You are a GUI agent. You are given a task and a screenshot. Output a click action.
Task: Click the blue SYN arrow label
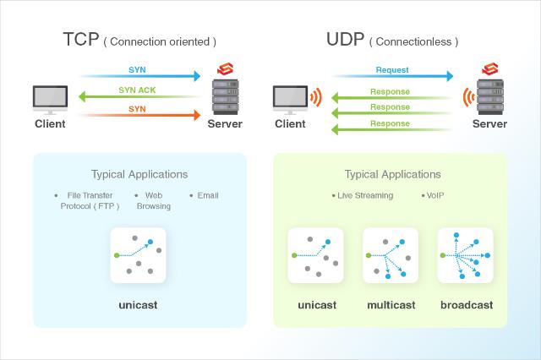coord(137,69)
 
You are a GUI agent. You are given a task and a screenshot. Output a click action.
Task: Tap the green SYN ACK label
coord(137,90)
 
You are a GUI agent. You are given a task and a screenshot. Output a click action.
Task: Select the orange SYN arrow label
coord(137,109)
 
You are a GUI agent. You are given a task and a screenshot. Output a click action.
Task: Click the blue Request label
coord(392,70)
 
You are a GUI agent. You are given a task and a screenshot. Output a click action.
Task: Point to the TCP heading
coord(81,39)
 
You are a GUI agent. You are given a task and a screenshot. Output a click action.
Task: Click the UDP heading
coord(345,39)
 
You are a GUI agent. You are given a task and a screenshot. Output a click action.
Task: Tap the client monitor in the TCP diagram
coord(50,100)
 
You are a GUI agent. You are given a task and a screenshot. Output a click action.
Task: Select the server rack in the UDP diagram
coord(490,97)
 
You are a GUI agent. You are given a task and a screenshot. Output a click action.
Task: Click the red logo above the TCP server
coord(226,68)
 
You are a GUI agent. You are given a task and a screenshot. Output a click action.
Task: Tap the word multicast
coord(391,305)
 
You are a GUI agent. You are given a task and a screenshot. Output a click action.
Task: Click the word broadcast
coord(467,305)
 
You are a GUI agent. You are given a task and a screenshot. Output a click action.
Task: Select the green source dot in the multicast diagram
coord(369,255)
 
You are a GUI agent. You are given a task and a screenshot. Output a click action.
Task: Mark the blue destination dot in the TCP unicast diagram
coord(150,242)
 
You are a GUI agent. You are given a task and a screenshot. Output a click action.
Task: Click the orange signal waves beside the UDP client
coord(316,97)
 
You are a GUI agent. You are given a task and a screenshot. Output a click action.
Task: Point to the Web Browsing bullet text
coord(154,200)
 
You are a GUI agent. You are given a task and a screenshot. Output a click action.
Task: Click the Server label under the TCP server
coord(225,123)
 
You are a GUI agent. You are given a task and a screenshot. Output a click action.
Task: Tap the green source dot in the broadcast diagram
coord(443,255)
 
